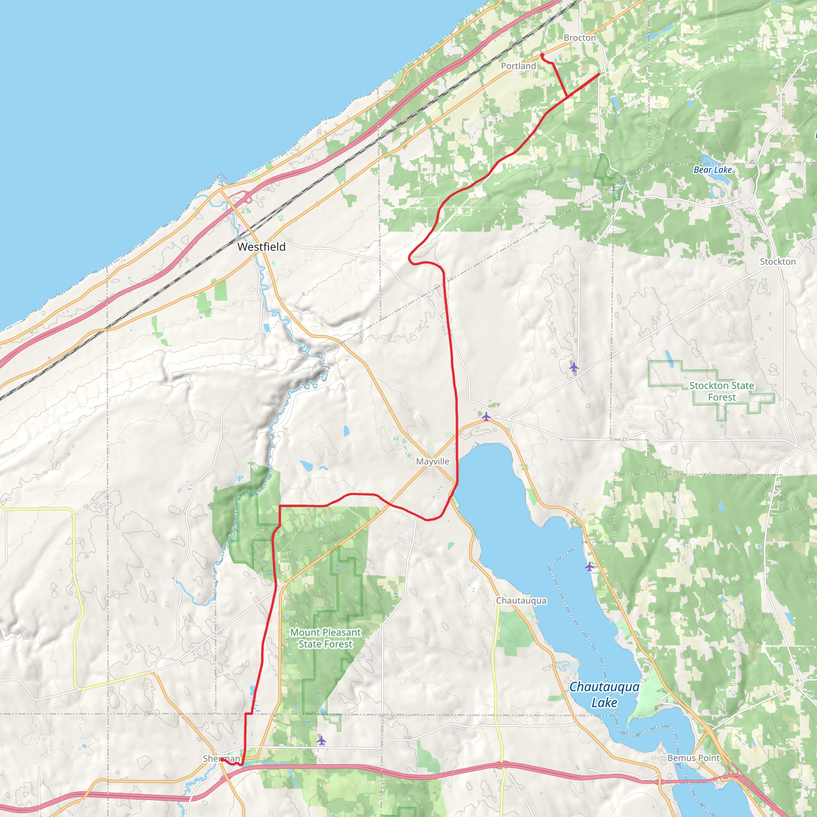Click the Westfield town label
261,247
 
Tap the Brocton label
579,38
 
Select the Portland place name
518,66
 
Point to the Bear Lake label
712,170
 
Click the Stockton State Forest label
721,391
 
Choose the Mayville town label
432,462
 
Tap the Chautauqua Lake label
604,695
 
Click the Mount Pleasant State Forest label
325,638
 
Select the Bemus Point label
693,758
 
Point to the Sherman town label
221,759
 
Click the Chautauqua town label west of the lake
521,600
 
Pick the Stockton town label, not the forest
778,262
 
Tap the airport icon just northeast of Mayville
486,416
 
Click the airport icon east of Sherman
322,740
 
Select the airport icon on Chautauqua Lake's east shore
590,566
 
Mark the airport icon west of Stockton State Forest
573,367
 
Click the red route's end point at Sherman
221,760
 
